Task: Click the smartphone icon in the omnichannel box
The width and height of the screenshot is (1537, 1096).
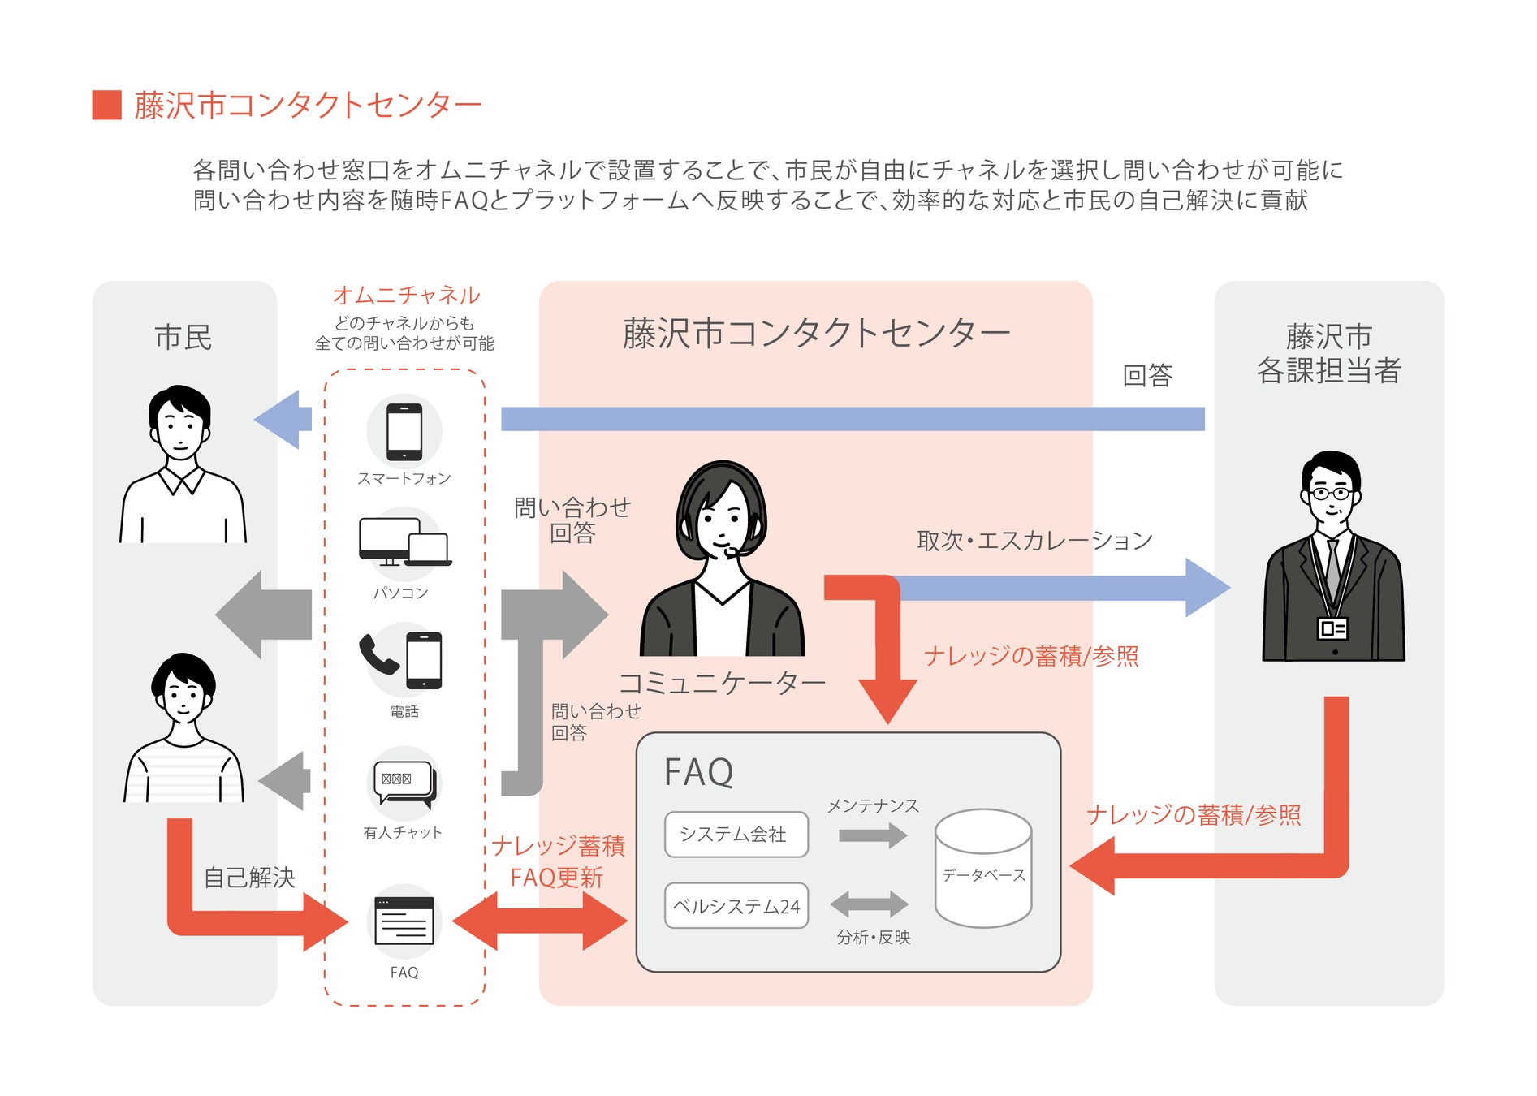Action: (x=404, y=431)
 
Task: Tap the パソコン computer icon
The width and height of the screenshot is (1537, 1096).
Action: (x=405, y=542)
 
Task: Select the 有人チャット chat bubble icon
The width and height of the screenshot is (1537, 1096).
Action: (x=404, y=783)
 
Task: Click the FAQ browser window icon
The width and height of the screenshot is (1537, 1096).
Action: (x=404, y=921)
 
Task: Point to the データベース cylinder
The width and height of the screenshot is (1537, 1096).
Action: (x=983, y=868)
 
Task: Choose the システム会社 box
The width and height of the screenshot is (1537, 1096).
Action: (x=736, y=834)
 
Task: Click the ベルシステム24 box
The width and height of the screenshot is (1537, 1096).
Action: (x=736, y=905)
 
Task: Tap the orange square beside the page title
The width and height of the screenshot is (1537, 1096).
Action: (x=106, y=105)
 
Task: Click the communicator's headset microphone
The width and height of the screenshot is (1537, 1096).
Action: (x=732, y=552)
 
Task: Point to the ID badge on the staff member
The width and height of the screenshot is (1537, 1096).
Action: (x=1332, y=628)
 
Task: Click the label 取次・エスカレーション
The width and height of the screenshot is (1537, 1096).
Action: (x=1034, y=540)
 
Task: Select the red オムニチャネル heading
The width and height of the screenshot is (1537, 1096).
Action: (x=406, y=295)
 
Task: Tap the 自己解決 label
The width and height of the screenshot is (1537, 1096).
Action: (x=249, y=878)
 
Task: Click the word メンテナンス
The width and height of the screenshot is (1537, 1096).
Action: (x=873, y=805)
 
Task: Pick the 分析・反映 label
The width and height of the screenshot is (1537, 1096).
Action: (x=874, y=937)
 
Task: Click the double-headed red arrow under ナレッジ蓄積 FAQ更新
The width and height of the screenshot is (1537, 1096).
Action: (x=540, y=921)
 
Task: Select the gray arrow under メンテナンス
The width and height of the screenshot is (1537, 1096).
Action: (x=873, y=835)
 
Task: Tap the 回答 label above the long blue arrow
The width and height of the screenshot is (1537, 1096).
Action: (x=1147, y=375)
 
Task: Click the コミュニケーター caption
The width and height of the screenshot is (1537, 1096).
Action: (x=722, y=683)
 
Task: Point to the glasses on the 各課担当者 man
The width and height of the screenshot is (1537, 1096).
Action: (x=1330, y=493)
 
